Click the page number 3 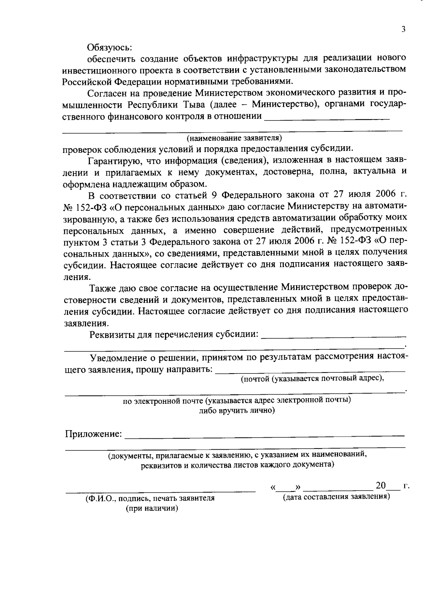coord(403,30)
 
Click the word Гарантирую coord(113,161)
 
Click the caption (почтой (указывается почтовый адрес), coord(312,379)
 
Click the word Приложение coord(93,434)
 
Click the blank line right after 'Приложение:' coord(264,436)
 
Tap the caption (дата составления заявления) coord(336,497)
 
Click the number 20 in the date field coord(381,486)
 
